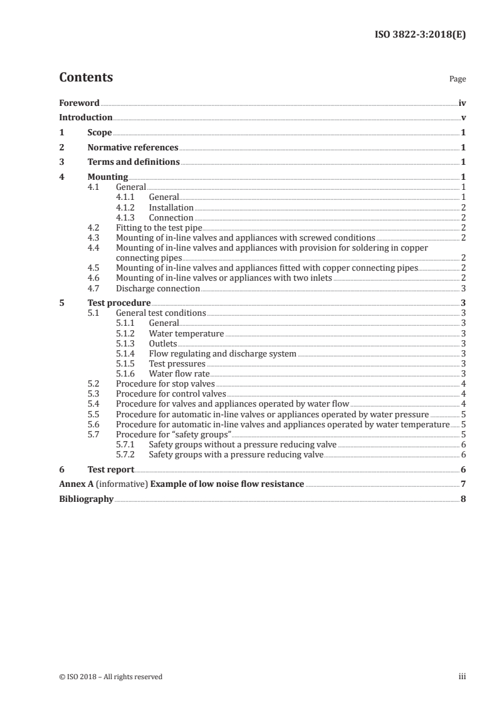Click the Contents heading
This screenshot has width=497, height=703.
86,78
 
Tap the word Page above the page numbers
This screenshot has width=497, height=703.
458,80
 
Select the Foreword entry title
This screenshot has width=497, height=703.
79,103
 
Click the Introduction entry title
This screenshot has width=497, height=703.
85,118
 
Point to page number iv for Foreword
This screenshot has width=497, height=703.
462,103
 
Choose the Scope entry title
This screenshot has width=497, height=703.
100,133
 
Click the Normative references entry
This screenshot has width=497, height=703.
133,148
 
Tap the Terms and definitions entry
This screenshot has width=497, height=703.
133,162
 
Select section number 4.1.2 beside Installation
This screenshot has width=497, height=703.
126,207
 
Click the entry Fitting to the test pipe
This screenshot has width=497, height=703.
159,228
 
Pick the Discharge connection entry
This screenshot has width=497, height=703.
158,288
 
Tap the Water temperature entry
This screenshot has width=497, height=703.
186,333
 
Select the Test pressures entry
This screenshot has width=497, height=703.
177,363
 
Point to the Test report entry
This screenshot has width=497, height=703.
111,469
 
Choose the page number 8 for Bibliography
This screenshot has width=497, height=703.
463,499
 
